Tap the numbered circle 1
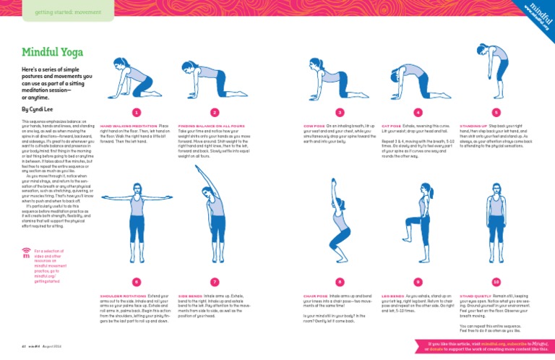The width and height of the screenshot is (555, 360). click(136, 113)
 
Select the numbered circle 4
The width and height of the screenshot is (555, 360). click(418, 113)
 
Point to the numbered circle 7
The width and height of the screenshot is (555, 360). click(215, 281)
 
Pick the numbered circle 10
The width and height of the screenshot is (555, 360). click(496, 281)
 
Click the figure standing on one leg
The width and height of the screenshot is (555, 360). click(418, 217)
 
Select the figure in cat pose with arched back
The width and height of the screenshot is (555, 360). click(418, 80)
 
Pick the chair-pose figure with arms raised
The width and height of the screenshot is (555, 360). click(339, 210)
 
